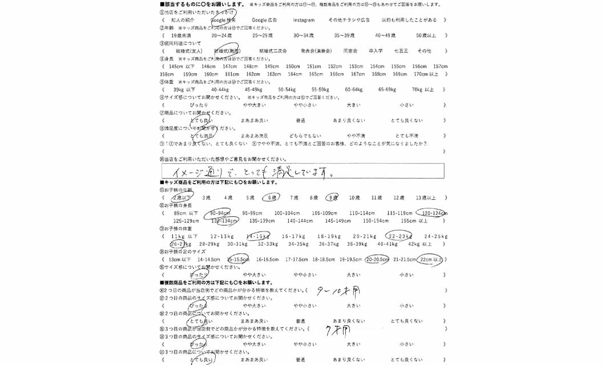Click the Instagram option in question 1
tap(304, 20)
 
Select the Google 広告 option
tap(264, 20)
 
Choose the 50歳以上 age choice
tap(426, 35)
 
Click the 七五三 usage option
tap(401, 51)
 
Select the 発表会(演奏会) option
tap(316, 51)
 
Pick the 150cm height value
tap(293, 66)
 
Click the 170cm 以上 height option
tap(426, 74)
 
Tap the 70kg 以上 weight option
tap(423, 90)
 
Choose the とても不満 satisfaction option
tap(406, 136)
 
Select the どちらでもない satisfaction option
tap(305, 136)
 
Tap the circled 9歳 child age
tap(332, 198)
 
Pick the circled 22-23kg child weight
tap(399, 236)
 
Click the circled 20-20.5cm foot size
tap(377, 259)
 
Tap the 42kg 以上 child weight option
tap(422, 244)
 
